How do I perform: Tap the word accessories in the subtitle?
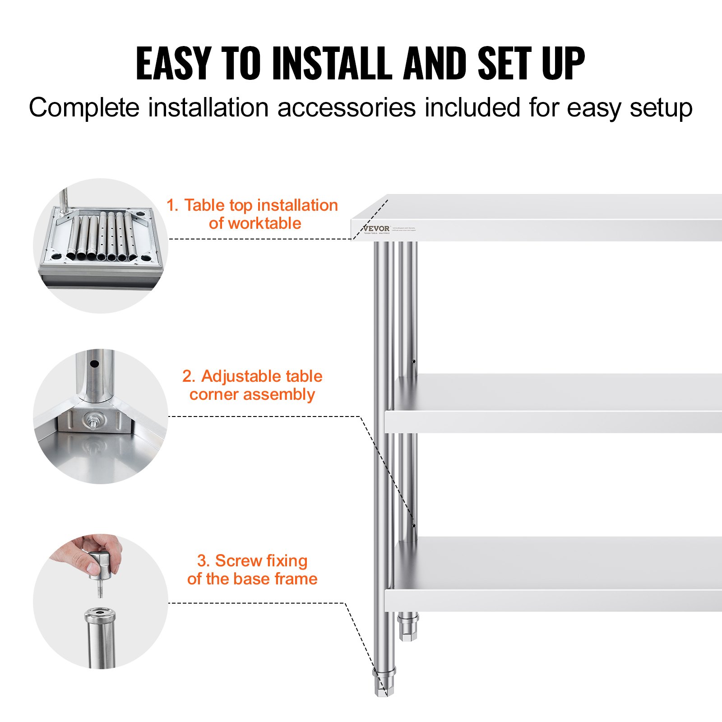pyautogui.click(x=346, y=108)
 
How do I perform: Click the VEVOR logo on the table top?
pyautogui.click(x=376, y=229)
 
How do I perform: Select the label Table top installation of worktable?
pyautogui.click(x=253, y=214)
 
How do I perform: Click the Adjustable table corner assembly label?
pyautogui.click(x=253, y=385)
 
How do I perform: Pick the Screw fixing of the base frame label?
pyautogui.click(x=253, y=569)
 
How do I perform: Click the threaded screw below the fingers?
pyautogui.click(x=100, y=589)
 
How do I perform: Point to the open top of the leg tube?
pyautogui.click(x=100, y=613)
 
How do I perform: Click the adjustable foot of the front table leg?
pyautogui.click(x=384, y=684)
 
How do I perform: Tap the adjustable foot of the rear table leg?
pyautogui.click(x=408, y=627)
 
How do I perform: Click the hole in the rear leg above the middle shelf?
pyautogui.click(x=414, y=361)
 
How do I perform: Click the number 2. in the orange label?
pyautogui.click(x=189, y=376)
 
